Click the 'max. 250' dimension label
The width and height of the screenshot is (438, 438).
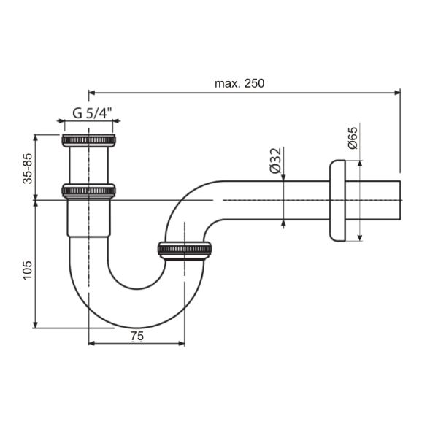pyautogui.click(x=239, y=83)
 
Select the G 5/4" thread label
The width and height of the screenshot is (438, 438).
pyautogui.click(x=92, y=113)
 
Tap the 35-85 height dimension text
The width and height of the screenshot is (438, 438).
pyautogui.click(x=28, y=169)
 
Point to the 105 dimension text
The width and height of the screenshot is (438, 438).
pyautogui.click(x=28, y=270)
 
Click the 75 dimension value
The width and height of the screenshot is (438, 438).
pyautogui.click(x=137, y=336)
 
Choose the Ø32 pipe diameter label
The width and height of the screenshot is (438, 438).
pyautogui.click(x=276, y=161)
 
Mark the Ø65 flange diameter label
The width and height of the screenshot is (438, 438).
pyautogui.click(x=353, y=138)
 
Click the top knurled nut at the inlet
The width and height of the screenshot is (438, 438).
pyautogui.click(x=88, y=140)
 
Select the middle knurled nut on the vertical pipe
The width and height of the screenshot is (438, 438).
pyautogui.click(x=88, y=191)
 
